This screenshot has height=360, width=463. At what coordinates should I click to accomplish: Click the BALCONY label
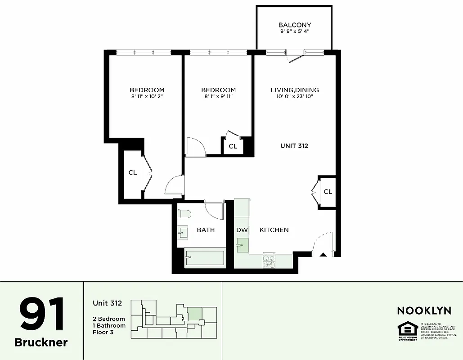[295, 25]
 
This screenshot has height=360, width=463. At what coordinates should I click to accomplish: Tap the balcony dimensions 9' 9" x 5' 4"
[295, 32]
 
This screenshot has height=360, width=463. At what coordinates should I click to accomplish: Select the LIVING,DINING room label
[295, 90]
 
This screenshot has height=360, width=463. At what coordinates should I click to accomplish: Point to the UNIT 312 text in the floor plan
[294, 146]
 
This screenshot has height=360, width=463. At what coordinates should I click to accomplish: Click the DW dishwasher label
[242, 230]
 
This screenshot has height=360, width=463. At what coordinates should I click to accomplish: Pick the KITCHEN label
[274, 230]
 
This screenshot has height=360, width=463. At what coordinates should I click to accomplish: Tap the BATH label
[206, 230]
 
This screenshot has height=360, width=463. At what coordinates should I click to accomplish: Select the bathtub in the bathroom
[205, 258]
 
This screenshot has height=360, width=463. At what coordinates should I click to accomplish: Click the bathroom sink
[183, 232]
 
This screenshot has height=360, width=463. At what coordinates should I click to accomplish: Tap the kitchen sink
[243, 245]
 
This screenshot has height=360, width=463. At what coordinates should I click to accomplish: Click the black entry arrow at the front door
[323, 255]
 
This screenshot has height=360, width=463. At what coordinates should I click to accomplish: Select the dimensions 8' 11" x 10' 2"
[147, 96]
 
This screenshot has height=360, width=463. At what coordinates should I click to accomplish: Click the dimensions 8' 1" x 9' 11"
[218, 96]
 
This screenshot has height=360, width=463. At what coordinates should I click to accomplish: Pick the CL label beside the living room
[328, 192]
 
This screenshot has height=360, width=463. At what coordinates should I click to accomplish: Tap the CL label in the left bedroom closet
[133, 172]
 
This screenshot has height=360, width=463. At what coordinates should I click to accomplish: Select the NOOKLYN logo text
[424, 310]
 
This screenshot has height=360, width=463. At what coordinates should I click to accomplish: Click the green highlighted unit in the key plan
[194, 314]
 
